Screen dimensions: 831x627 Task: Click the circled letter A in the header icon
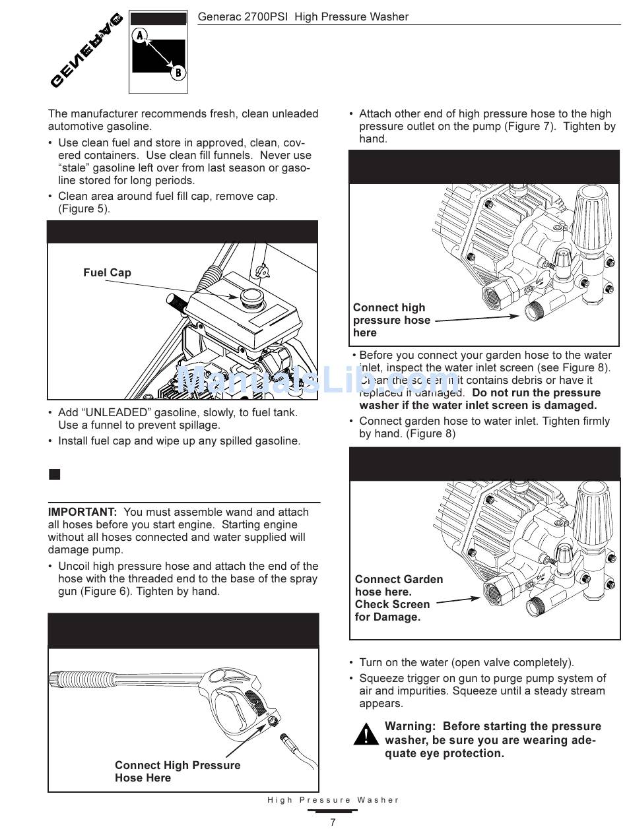coord(139,36)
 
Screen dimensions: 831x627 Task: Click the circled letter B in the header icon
coord(178,73)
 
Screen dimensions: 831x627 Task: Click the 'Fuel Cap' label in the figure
coord(107,272)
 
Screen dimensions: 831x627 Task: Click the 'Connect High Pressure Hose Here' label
coord(177,772)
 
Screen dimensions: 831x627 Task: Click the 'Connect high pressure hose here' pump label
coord(391,320)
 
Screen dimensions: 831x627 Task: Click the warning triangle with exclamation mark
coord(366,735)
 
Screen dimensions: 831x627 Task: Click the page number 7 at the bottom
coord(333,822)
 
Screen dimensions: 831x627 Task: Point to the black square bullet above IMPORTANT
coord(54,474)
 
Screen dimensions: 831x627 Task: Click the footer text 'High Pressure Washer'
coord(333,800)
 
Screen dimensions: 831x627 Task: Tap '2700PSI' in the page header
coord(269,16)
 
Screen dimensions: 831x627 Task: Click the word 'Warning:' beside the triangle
coord(410,726)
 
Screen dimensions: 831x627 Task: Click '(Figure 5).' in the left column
coord(84,208)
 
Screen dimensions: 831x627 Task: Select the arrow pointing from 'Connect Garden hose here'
coord(458,600)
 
